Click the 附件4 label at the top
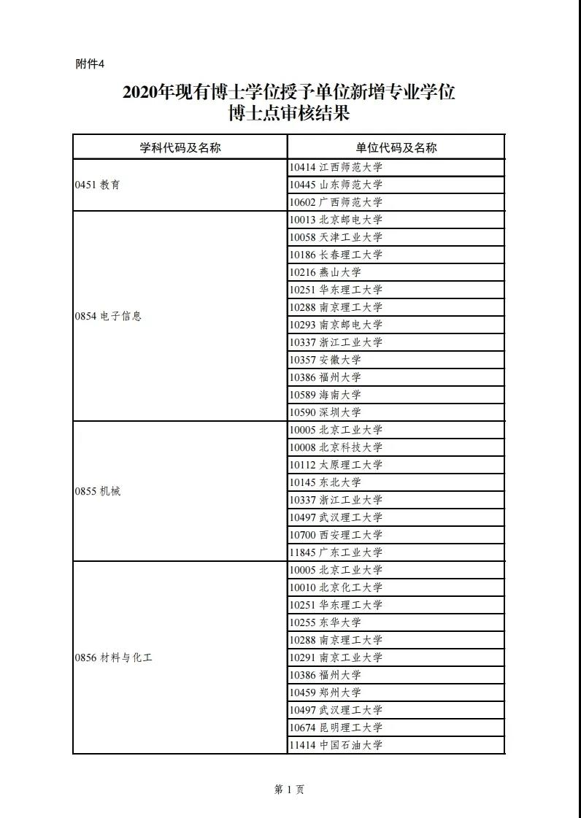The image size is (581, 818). click(x=91, y=64)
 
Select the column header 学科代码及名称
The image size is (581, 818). click(x=180, y=147)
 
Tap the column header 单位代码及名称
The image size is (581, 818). click(x=396, y=147)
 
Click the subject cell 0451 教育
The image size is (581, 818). click(x=97, y=185)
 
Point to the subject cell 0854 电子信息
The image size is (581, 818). click(x=108, y=316)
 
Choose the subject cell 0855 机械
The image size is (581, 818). click(x=97, y=491)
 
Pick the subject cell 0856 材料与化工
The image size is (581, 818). click(x=113, y=657)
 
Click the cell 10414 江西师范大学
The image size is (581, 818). click(x=336, y=167)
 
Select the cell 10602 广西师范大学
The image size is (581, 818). click(x=336, y=202)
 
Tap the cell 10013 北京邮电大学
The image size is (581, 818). click(x=336, y=220)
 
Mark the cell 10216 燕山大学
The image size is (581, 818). click(x=326, y=272)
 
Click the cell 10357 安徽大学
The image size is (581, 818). click(x=326, y=360)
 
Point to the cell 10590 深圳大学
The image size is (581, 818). click(x=326, y=412)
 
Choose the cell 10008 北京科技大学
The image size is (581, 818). click(x=336, y=447)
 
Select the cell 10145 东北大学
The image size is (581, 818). click(x=326, y=482)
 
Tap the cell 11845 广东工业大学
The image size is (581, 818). click(x=336, y=552)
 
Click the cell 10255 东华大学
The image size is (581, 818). click(x=326, y=622)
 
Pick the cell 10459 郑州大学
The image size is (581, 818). click(x=326, y=692)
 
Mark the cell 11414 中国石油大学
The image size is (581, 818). click(x=336, y=745)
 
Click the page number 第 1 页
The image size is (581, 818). click(x=289, y=790)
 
